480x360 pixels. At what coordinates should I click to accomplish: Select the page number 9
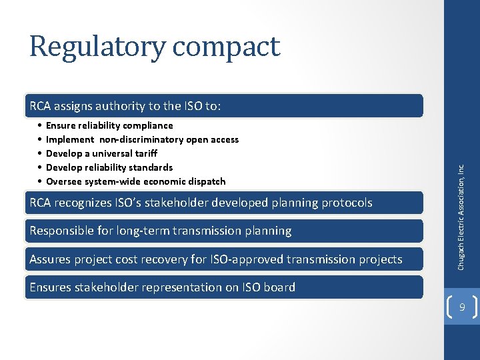[462, 307]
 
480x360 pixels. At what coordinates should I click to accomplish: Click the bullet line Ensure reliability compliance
[109, 125]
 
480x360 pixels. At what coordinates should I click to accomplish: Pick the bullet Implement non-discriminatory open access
[141, 139]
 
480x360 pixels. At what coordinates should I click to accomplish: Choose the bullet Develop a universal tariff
[101, 153]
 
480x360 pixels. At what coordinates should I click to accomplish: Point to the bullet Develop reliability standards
[109, 167]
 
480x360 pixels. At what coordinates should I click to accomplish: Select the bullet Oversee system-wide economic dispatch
[135, 181]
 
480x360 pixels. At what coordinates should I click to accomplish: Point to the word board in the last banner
[280, 287]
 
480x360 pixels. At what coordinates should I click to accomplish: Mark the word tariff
[144, 153]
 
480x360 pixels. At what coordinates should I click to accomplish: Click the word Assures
[50, 259]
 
